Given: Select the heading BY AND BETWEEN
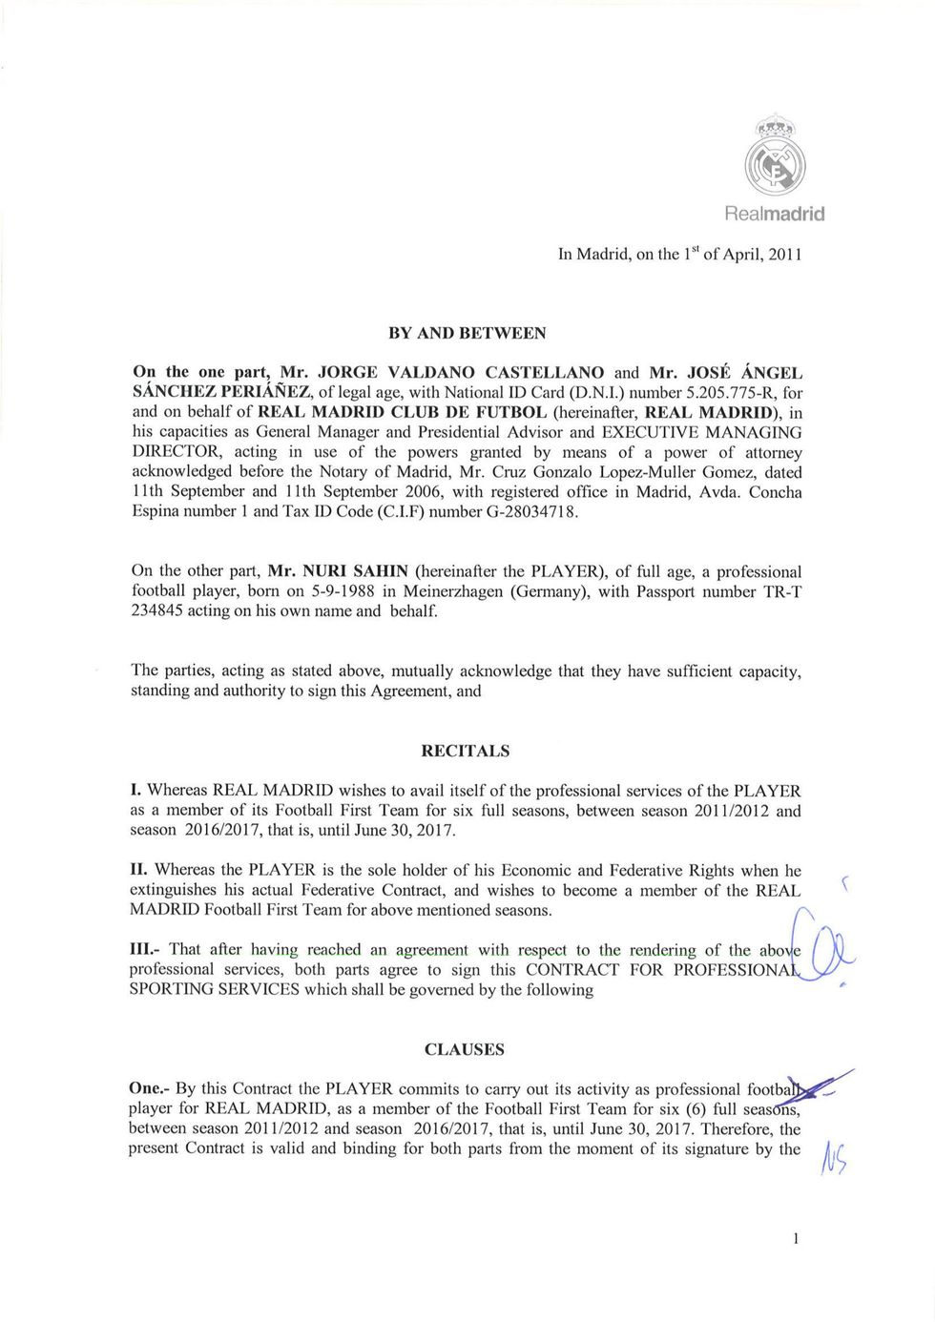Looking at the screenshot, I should click(x=467, y=333).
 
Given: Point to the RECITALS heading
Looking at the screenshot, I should click(x=466, y=751).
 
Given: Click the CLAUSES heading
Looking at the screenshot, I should click(x=465, y=1049).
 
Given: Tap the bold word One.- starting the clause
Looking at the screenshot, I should click(x=151, y=1089).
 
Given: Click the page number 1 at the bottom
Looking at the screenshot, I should click(x=795, y=1238).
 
